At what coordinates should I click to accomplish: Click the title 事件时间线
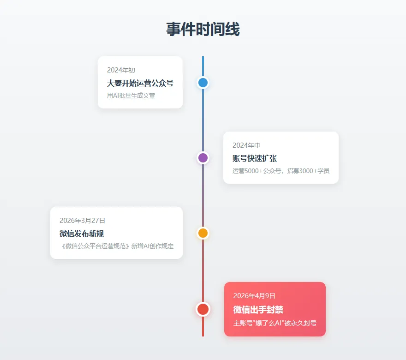point(203,30)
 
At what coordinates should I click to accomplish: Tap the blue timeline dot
point(203,83)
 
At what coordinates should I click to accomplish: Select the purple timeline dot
point(203,158)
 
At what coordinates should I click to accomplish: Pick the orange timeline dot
point(203,233)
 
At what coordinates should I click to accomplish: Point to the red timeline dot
point(203,309)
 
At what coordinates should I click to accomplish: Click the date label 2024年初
point(121,70)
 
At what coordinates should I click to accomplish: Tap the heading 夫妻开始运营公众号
point(140,83)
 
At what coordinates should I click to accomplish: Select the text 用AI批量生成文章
point(131,96)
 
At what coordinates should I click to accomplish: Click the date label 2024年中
point(246,145)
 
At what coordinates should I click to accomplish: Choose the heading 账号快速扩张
point(255,158)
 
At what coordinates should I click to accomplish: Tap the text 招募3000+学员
point(308,171)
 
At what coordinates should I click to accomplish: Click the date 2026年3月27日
point(82,221)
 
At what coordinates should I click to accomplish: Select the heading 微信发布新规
point(85,234)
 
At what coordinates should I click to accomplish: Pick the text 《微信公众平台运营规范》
point(95,246)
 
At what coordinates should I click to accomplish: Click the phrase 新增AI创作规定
point(153,246)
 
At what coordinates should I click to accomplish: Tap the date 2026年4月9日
point(254,296)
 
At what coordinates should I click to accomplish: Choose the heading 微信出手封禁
point(258,309)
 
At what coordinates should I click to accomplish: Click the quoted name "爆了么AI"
point(268,323)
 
